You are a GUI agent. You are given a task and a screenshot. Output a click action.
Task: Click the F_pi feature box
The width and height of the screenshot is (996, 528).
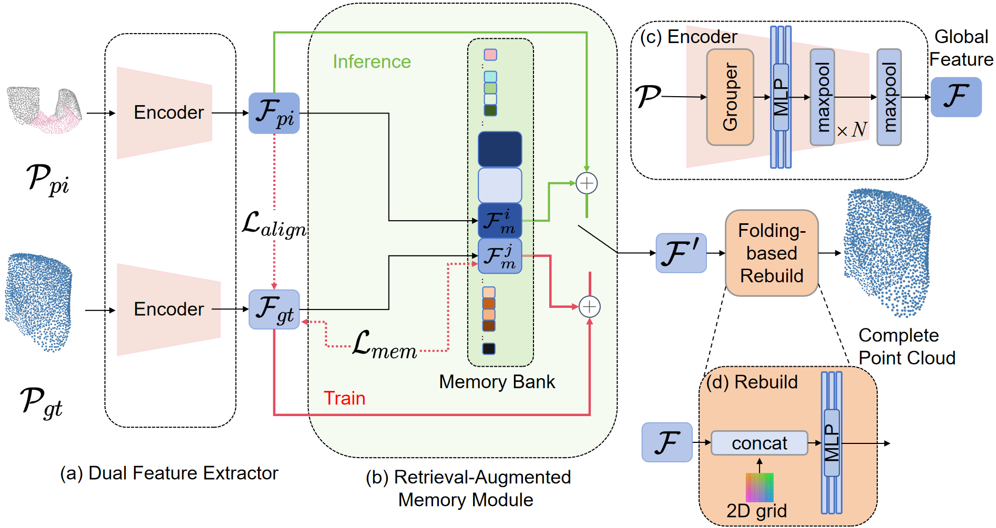click(x=274, y=113)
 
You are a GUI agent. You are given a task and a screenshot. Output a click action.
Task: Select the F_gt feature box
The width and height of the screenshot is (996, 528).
click(x=274, y=309)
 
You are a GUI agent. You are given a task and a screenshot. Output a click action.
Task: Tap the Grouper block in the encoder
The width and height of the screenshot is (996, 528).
click(x=730, y=97)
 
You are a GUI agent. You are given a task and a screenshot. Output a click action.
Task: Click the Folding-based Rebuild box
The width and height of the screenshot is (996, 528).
click(x=772, y=253)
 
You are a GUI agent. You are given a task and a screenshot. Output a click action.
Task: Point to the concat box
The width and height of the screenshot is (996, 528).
click(x=759, y=443)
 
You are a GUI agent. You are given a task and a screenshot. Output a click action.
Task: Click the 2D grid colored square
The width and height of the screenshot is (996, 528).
click(x=759, y=487)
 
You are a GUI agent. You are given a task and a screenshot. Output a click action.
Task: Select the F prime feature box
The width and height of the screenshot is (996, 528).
click(x=681, y=253)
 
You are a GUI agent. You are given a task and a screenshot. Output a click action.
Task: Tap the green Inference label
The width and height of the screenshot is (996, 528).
click(x=372, y=62)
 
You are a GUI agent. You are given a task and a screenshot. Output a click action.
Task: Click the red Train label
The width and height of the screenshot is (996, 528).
click(x=344, y=398)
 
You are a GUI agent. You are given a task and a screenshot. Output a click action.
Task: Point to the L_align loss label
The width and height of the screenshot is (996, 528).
click(x=274, y=224)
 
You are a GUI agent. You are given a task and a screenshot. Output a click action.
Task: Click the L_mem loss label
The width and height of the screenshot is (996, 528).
click(x=385, y=346)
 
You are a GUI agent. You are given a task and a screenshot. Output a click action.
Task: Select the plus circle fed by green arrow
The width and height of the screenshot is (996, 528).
click(x=587, y=183)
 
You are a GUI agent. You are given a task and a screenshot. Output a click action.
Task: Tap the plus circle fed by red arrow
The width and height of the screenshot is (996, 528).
click(x=589, y=307)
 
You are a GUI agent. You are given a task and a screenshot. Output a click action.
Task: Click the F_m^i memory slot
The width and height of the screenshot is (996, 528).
click(x=500, y=221)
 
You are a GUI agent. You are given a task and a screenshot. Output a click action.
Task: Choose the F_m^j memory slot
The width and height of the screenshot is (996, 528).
click(x=500, y=256)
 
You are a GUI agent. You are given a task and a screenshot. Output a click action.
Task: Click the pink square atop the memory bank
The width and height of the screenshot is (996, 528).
click(x=490, y=55)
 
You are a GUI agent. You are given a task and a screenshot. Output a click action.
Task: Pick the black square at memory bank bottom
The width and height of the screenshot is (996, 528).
click(x=489, y=348)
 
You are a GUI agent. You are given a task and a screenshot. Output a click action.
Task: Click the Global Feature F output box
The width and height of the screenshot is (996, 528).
click(x=956, y=97)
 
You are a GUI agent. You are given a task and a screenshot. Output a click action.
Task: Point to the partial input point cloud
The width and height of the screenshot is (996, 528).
click(x=45, y=109)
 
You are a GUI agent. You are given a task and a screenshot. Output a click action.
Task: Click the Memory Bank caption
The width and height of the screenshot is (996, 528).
click(x=497, y=382)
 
